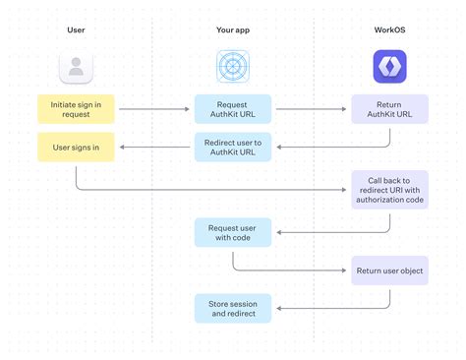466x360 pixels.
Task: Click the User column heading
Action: pyautogui.click(x=75, y=30)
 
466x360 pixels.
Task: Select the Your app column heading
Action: pyautogui.click(x=232, y=30)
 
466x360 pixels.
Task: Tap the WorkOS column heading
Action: pyautogui.click(x=389, y=30)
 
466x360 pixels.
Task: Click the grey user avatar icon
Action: pyautogui.click(x=76, y=67)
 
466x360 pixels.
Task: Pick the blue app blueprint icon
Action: pyautogui.click(x=233, y=67)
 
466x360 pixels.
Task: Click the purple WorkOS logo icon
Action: pyautogui.click(x=390, y=67)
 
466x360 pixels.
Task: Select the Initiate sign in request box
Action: pyautogui.click(x=76, y=108)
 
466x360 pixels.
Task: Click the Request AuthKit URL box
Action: pyautogui.click(x=233, y=108)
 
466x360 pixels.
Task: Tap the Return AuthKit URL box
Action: pyautogui.click(x=390, y=108)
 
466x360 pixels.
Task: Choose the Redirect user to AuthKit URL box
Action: pyautogui.click(x=233, y=149)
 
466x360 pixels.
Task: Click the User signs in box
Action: pyautogui.click(x=76, y=149)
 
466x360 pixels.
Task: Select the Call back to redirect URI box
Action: pyautogui.click(x=390, y=189)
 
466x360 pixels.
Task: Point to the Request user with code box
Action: pyautogui.click(x=233, y=232)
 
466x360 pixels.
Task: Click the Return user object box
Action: pyautogui.click(x=390, y=270)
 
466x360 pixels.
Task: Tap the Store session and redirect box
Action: pyautogui.click(x=233, y=308)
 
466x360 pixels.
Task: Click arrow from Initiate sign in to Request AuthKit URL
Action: pyautogui.click(x=152, y=108)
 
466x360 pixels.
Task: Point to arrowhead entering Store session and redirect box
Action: pyautogui.click(x=277, y=308)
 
